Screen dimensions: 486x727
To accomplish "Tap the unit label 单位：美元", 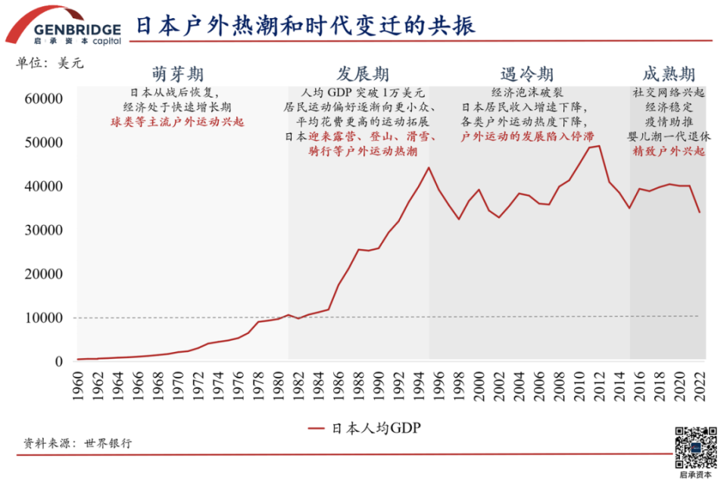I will tap(50, 64).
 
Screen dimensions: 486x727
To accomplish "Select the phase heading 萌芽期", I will tap(178, 74).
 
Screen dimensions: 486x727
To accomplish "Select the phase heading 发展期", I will tap(363, 74).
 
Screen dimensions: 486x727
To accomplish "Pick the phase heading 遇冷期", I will tap(527, 74).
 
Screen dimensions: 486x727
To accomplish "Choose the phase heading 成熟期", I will tap(669, 74).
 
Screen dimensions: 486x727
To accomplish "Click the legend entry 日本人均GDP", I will tap(363, 428).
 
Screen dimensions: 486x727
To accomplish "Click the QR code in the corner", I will tap(695, 447).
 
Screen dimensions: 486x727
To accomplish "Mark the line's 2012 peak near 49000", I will tap(598, 145).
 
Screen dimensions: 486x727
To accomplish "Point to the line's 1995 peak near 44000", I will tap(429, 167).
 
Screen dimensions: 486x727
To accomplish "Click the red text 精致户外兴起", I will tap(669, 151).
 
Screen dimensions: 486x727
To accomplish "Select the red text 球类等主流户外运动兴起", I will tap(178, 121).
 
